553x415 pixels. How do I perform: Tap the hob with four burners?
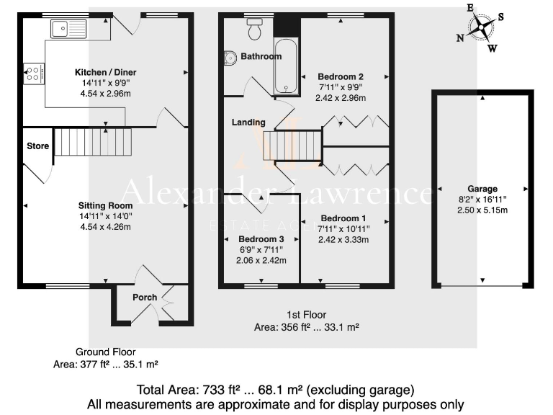[33, 73]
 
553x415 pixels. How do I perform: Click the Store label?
[37, 146]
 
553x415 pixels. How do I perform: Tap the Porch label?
[144, 298]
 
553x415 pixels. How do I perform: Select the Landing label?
[248, 122]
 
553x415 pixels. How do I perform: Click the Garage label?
[482, 189]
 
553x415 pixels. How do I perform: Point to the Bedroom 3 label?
[261, 239]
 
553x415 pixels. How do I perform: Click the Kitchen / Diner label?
[106, 72]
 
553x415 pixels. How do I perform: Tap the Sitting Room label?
[106, 205]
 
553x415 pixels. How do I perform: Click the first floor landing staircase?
[292, 144]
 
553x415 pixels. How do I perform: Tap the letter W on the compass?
[493, 49]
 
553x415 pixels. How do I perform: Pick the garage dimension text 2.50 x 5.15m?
[482, 210]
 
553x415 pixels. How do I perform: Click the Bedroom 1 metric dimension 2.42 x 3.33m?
[343, 240]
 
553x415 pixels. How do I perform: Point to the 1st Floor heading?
[306, 315]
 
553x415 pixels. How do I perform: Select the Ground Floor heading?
[105, 352]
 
